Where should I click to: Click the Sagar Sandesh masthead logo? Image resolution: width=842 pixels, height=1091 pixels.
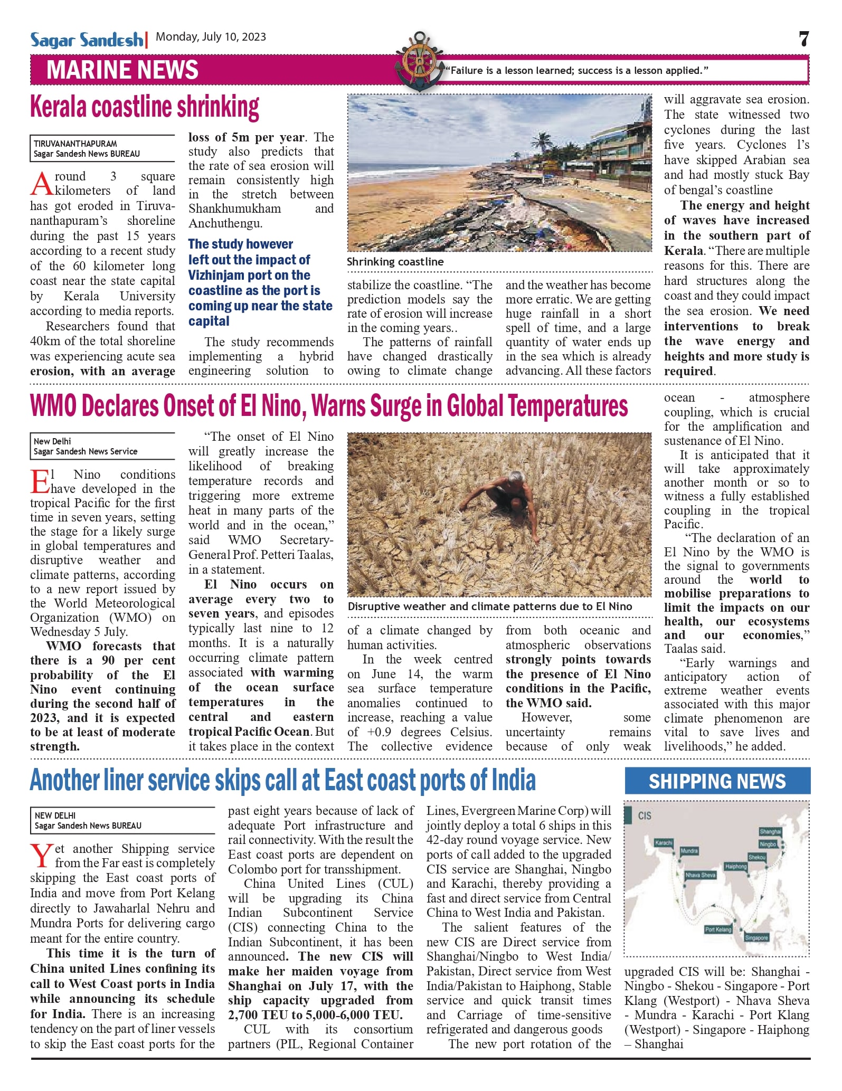(87, 40)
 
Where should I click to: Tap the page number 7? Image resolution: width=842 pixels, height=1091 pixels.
(803, 39)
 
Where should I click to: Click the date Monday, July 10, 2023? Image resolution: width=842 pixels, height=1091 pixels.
(211, 37)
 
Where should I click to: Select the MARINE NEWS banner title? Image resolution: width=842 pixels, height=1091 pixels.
(122, 70)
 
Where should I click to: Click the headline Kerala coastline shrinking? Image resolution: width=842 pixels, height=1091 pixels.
(145, 108)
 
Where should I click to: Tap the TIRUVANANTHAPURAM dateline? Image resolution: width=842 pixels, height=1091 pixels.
(75, 144)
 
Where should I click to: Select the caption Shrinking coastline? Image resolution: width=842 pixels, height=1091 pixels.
(395, 262)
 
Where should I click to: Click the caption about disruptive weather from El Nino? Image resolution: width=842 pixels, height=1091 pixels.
(489, 606)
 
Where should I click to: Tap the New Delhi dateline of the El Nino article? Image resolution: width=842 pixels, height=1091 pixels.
(52, 441)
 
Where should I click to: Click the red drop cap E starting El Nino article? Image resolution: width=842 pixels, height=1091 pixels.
(40, 481)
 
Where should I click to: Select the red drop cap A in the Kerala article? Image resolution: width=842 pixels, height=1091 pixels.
(42, 184)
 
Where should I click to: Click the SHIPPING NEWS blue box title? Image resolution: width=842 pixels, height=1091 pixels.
(717, 781)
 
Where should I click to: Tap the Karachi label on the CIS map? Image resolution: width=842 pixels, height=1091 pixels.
(664, 842)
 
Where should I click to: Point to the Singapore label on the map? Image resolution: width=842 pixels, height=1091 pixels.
(756, 938)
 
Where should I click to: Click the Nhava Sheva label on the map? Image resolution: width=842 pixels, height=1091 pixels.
(700, 875)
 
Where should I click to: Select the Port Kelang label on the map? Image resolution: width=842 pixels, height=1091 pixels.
(718, 929)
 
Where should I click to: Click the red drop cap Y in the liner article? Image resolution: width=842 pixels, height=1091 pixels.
(41, 856)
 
